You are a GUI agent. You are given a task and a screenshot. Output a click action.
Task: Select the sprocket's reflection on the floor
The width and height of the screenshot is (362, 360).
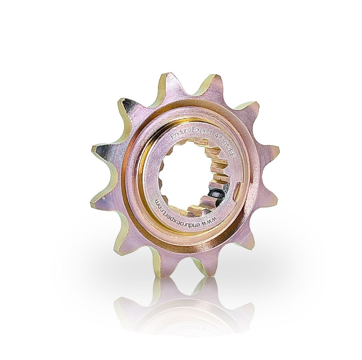[184, 308]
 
